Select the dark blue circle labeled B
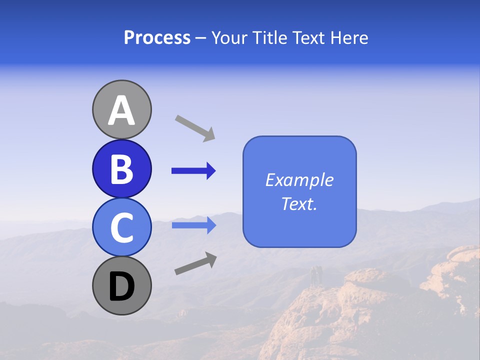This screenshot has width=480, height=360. (121, 168)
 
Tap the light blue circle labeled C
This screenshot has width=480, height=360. (121, 227)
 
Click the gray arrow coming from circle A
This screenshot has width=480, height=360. (195, 127)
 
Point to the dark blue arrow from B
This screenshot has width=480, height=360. (193, 171)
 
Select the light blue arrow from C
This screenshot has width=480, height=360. (193, 225)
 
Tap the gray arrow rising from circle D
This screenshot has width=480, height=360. (195, 264)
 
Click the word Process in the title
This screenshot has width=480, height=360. (157, 37)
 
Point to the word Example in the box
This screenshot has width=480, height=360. (299, 180)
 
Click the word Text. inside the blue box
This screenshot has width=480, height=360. (299, 203)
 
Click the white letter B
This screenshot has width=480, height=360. (121, 169)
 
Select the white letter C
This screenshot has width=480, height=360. (121, 228)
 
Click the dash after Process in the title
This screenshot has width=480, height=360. (201, 38)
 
